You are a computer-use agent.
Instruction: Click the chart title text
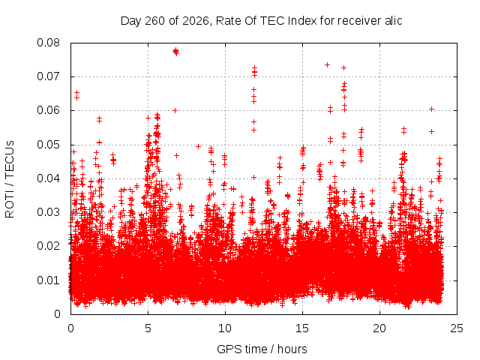[x=261, y=21]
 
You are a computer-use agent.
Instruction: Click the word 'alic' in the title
[x=392, y=21]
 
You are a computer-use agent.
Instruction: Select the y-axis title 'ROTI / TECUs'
[x=10, y=179]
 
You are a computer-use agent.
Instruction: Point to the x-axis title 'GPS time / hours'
[x=262, y=349]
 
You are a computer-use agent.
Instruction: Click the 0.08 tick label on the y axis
[x=48, y=43]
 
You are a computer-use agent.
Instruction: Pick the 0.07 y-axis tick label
[x=48, y=76]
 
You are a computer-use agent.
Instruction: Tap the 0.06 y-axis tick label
[x=48, y=110]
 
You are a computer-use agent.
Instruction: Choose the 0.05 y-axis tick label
[x=48, y=145]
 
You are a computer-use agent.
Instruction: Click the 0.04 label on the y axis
[x=48, y=178]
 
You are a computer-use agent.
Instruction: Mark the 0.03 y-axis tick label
[x=48, y=212]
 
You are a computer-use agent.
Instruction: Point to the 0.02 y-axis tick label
[x=48, y=246]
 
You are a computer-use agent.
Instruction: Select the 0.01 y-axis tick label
[x=48, y=280]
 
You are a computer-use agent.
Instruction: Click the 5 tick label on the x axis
[x=148, y=328]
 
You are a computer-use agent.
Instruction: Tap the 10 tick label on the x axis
[x=225, y=328]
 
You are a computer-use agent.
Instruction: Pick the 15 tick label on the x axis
[x=302, y=328]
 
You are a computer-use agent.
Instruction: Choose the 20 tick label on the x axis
[x=379, y=328]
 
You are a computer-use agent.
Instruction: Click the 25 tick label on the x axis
[x=457, y=328]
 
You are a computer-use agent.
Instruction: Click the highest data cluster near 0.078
[x=175, y=52]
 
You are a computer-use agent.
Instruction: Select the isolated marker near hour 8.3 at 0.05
[x=198, y=147]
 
